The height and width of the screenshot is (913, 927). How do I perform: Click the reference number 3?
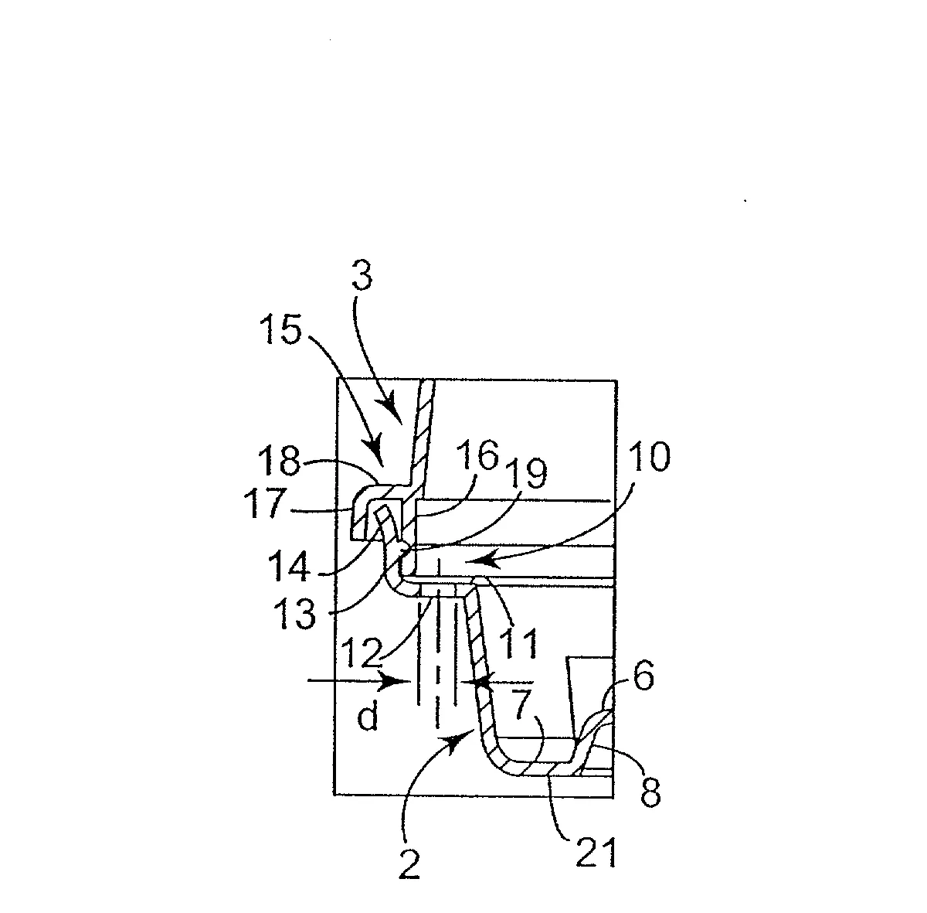362,274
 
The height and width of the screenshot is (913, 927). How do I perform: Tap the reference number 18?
279,461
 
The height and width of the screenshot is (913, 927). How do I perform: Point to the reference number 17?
266,503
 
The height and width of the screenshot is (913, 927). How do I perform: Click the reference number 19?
526,473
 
